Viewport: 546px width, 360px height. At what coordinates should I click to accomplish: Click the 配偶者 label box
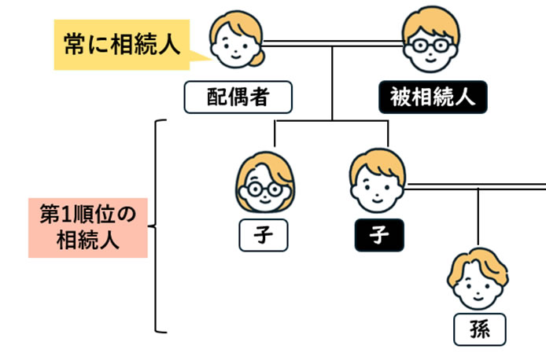coord(238,97)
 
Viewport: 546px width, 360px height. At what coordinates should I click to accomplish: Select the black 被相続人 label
coord(432,97)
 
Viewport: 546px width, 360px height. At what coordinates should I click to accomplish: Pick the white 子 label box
coord(264,234)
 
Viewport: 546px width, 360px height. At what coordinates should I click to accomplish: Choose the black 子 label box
coord(378,234)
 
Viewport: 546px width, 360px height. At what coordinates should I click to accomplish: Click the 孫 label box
coord(480,329)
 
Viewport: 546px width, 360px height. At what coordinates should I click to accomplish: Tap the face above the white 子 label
coord(264,185)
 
